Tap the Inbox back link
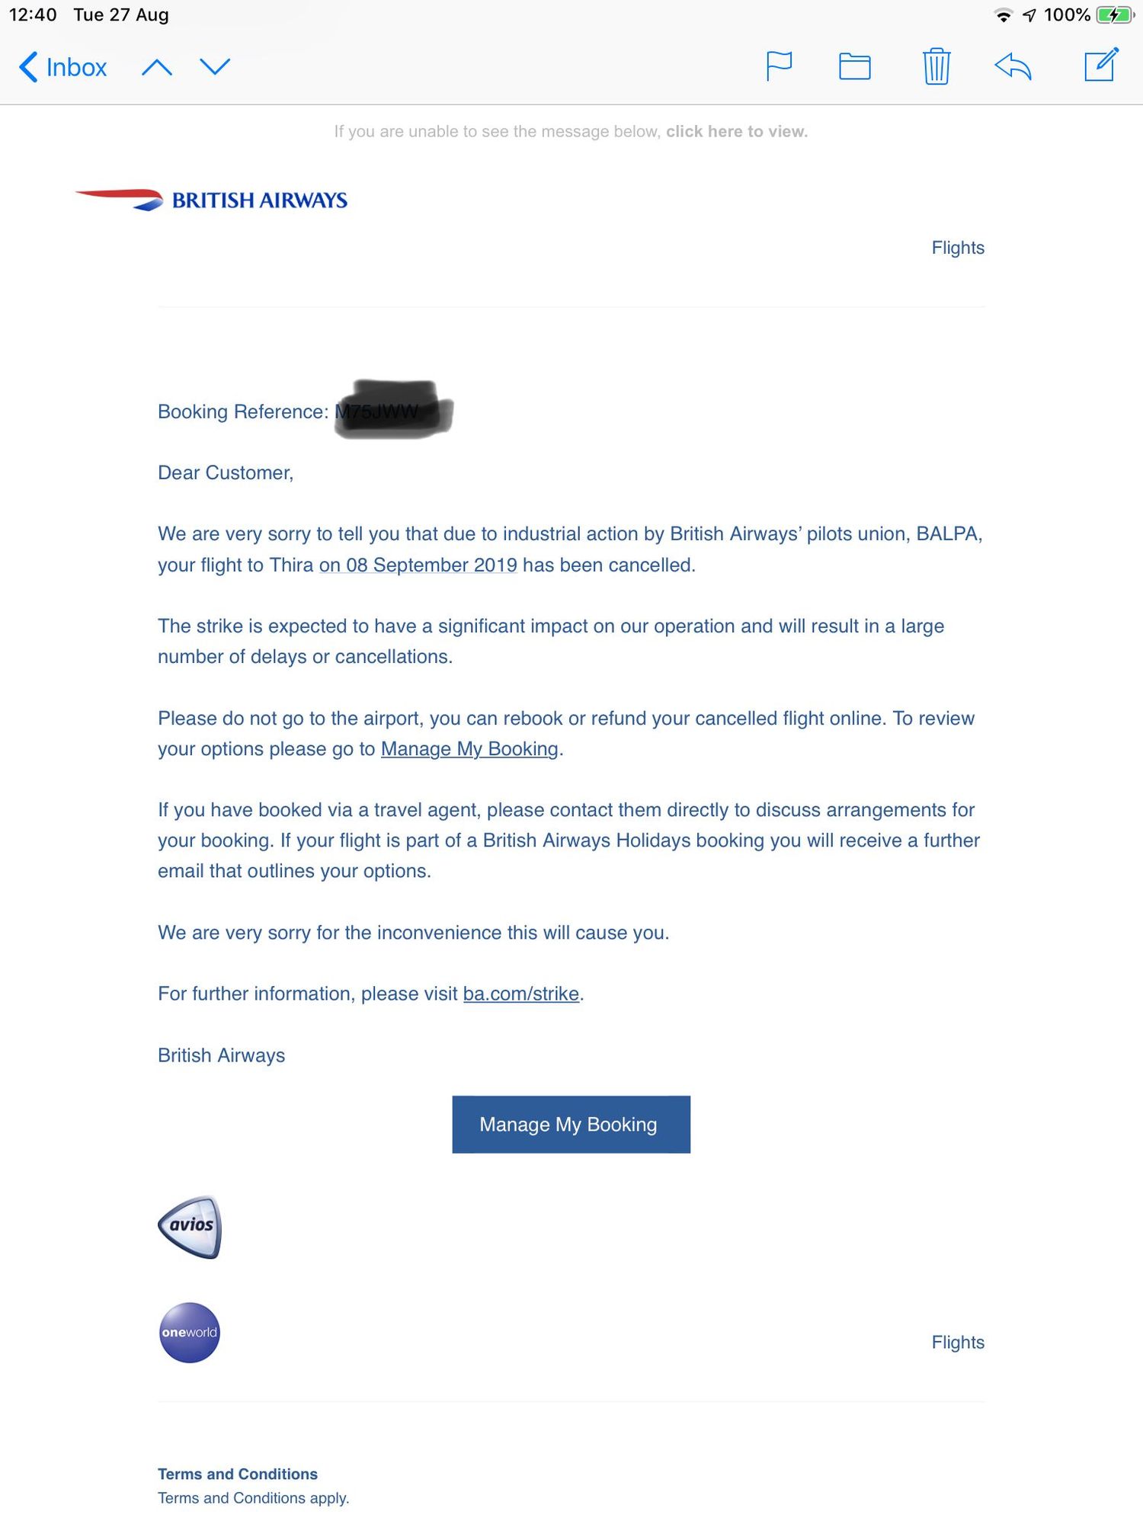click(63, 67)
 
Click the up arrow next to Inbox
click(157, 67)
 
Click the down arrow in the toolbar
click(215, 67)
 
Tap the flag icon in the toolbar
click(779, 66)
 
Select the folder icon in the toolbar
click(854, 66)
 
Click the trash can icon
click(936, 66)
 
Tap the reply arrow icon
click(1013, 66)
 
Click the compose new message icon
click(1101, 65)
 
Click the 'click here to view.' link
click(736, 132)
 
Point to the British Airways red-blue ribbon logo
click(120, 199)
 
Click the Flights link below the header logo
click(958, 248)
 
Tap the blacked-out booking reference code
click(394, 411)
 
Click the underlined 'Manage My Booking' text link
click(469, 749)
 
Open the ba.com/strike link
click(521, 994)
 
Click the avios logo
click(190, 1226)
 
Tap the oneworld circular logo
click(190, 1332)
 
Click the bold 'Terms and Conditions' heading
click(238, 1474)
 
